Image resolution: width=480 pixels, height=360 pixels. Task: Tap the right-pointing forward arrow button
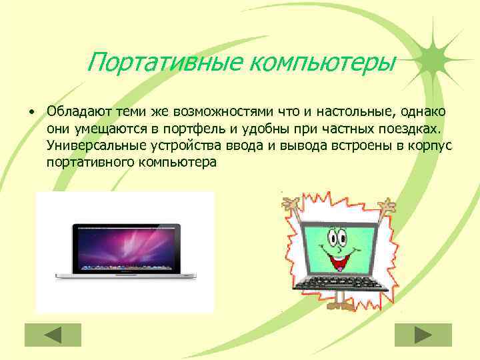coord(423,335)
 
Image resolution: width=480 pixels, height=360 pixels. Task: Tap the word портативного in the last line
coord(89,162)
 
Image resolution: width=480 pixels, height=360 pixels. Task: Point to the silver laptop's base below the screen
coord(125,275)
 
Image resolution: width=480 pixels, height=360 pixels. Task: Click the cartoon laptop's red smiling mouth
coord(341,262)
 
